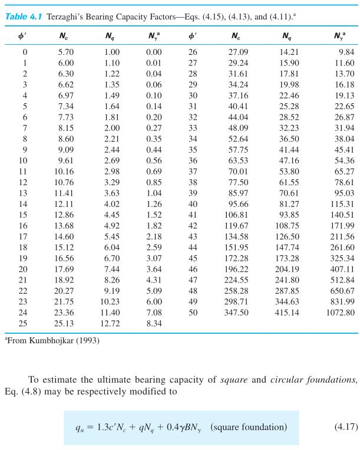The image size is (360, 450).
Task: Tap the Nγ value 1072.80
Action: tap(340, 312)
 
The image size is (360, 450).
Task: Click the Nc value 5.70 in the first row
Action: tap(65, 52)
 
